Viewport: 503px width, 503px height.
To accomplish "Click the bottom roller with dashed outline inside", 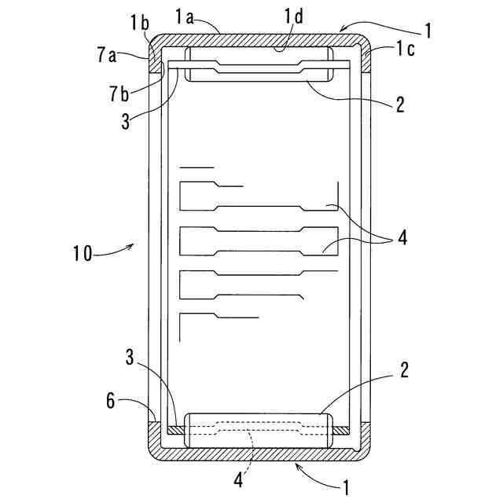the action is (x=258, y=431).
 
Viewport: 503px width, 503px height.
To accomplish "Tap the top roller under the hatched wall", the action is (x=258, y=65).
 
